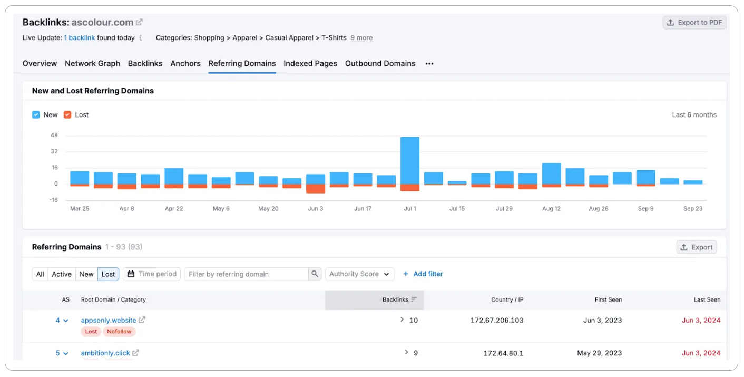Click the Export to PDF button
[x=694, y=23]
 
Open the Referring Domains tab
[x=242, y=64]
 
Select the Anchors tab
[x=185, y=64]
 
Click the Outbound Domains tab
[x=380, y=64]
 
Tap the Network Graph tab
[x=92, y=64]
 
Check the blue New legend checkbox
[x=36, y=115]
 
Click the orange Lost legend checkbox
[x=67, y=115]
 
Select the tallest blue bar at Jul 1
[x=410, y=160]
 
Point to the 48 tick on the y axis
[x=54, y=136]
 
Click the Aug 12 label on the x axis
[x=551, y=209]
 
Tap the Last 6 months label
[x=694, y=115]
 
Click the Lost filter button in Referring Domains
[x=108, y=274]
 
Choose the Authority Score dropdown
[x=360, y=274]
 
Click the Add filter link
[x=423, y=274]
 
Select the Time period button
[x=152, y=274]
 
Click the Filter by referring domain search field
[x=246, y=274]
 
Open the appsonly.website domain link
[x=109, y=321]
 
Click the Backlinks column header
[x=395, y=300]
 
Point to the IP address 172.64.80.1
[x=503, y=353]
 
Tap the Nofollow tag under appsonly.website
[x=119, y=332]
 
